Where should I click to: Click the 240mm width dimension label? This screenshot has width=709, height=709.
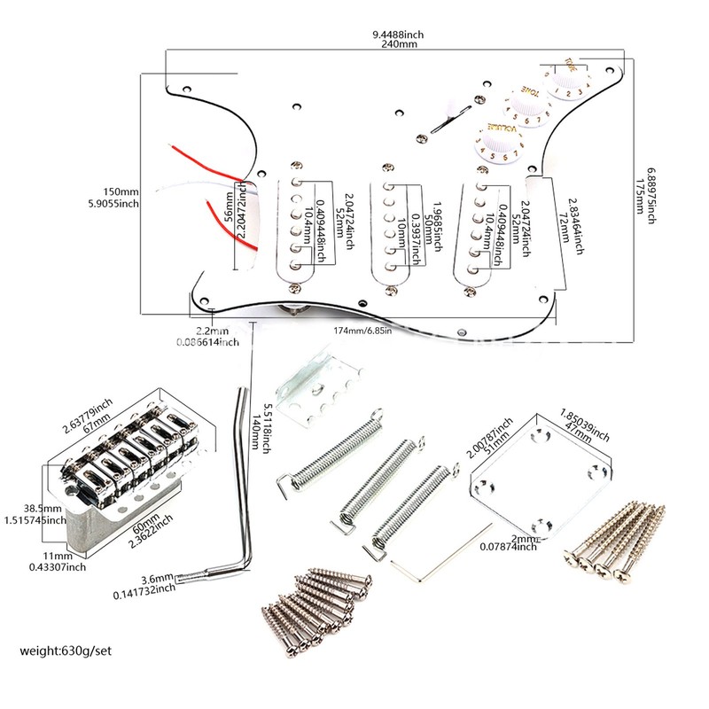[x=398, y=43]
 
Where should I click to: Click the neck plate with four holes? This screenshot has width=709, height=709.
[x=540, y=473]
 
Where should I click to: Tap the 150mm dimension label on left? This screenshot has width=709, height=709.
[x=121, y=191]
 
